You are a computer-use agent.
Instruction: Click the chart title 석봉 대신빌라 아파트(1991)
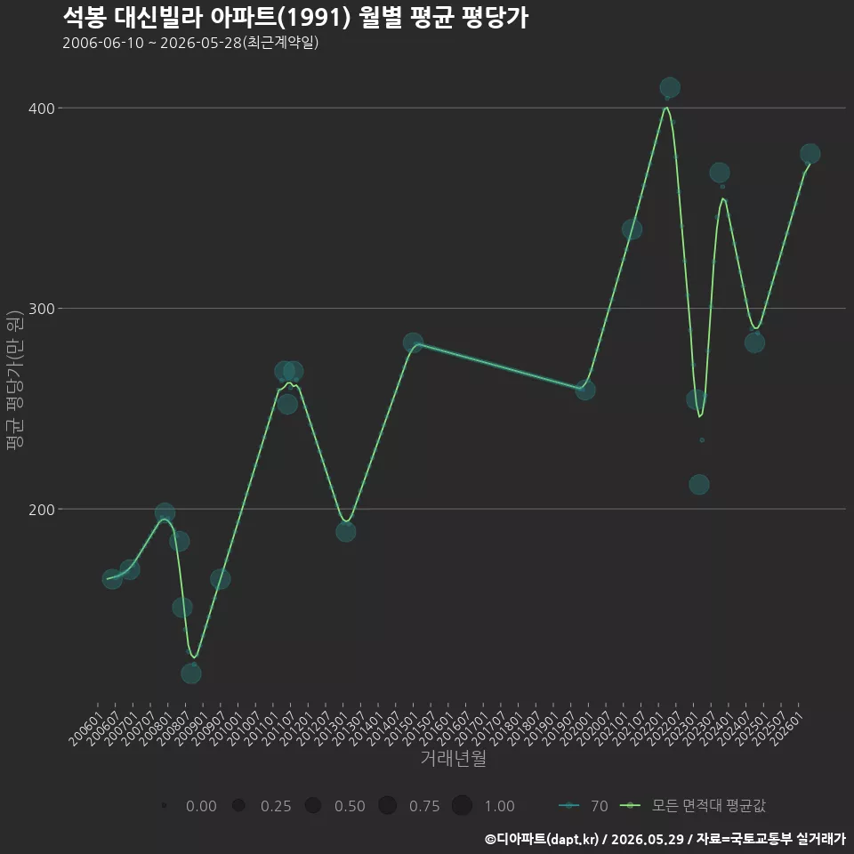tap(207, 18)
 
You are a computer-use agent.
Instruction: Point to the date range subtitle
tap(190, 43)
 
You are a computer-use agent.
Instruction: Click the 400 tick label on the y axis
tap(42, 109)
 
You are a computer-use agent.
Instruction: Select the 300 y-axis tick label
tap(42, 309)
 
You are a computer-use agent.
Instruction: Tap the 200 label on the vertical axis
tap(42, 510)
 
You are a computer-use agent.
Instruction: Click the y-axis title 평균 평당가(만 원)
tap(15, 380)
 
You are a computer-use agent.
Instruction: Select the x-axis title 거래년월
tap(453, 758)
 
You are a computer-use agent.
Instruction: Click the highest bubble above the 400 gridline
tap(670, 88)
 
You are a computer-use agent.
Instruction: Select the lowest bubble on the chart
tap(191, 673)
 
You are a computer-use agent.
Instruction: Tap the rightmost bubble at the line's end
tap(810, 154)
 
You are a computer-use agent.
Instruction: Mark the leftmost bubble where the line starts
tap(112, 579)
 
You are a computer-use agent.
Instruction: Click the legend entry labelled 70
tap(584, 806)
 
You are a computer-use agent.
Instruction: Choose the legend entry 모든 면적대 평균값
tap(693, 806)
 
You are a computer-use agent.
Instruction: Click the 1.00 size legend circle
tap(462, 806)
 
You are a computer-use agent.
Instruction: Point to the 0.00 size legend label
tap(201, 806)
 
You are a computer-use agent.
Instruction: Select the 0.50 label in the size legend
tap(350, 806)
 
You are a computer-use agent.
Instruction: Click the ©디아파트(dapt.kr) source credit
tap(542, 839)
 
